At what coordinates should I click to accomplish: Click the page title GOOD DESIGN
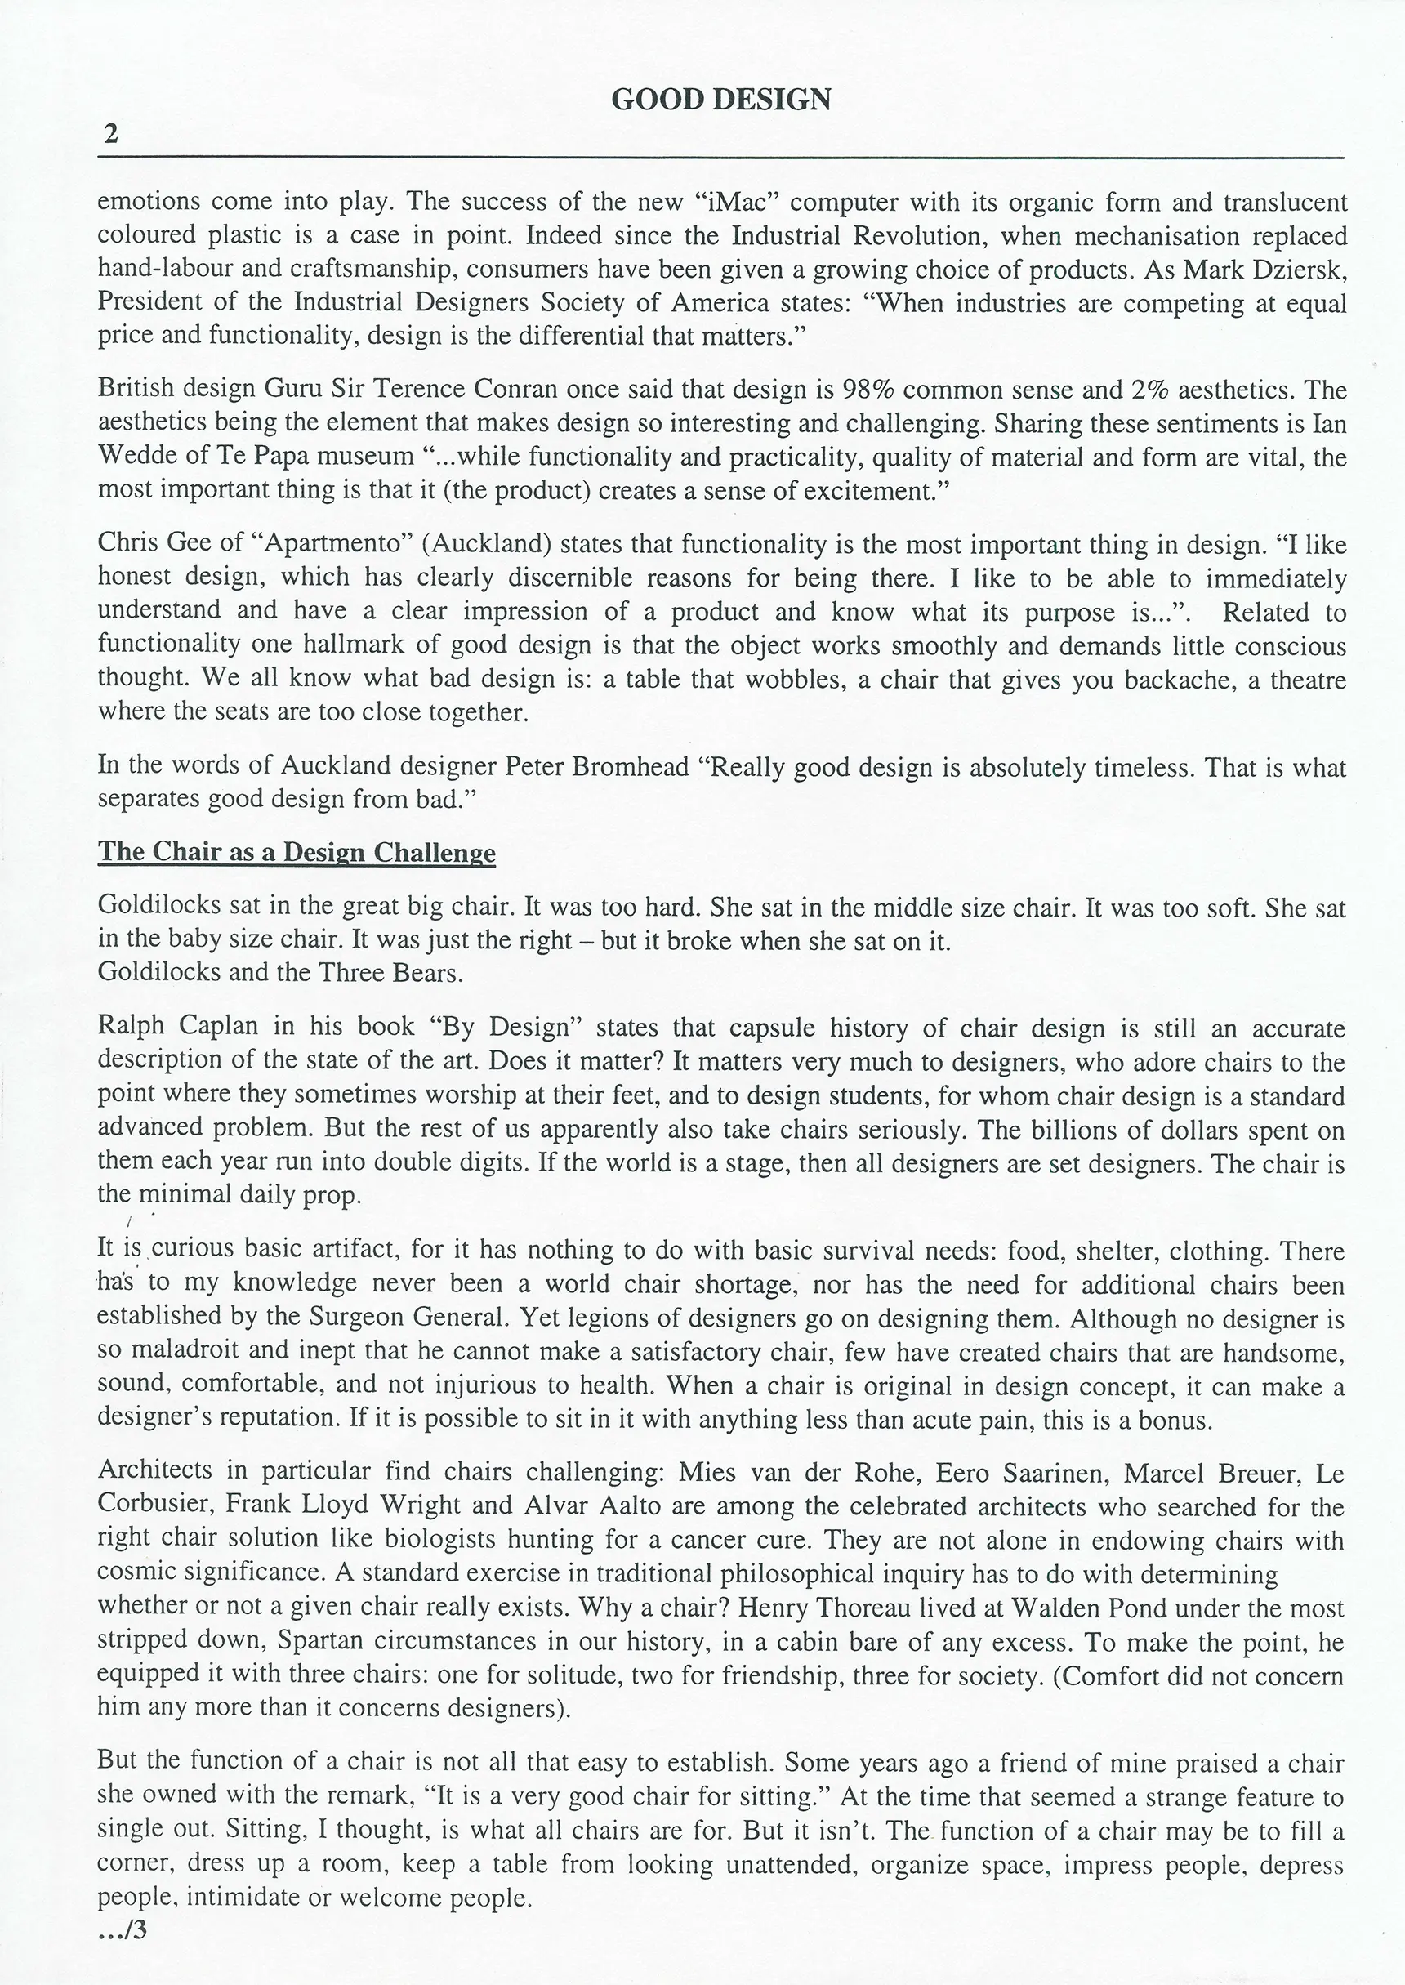point(720,100)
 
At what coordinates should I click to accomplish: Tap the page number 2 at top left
point(110,134)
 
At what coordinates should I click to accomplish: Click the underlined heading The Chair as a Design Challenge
point(296,852)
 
